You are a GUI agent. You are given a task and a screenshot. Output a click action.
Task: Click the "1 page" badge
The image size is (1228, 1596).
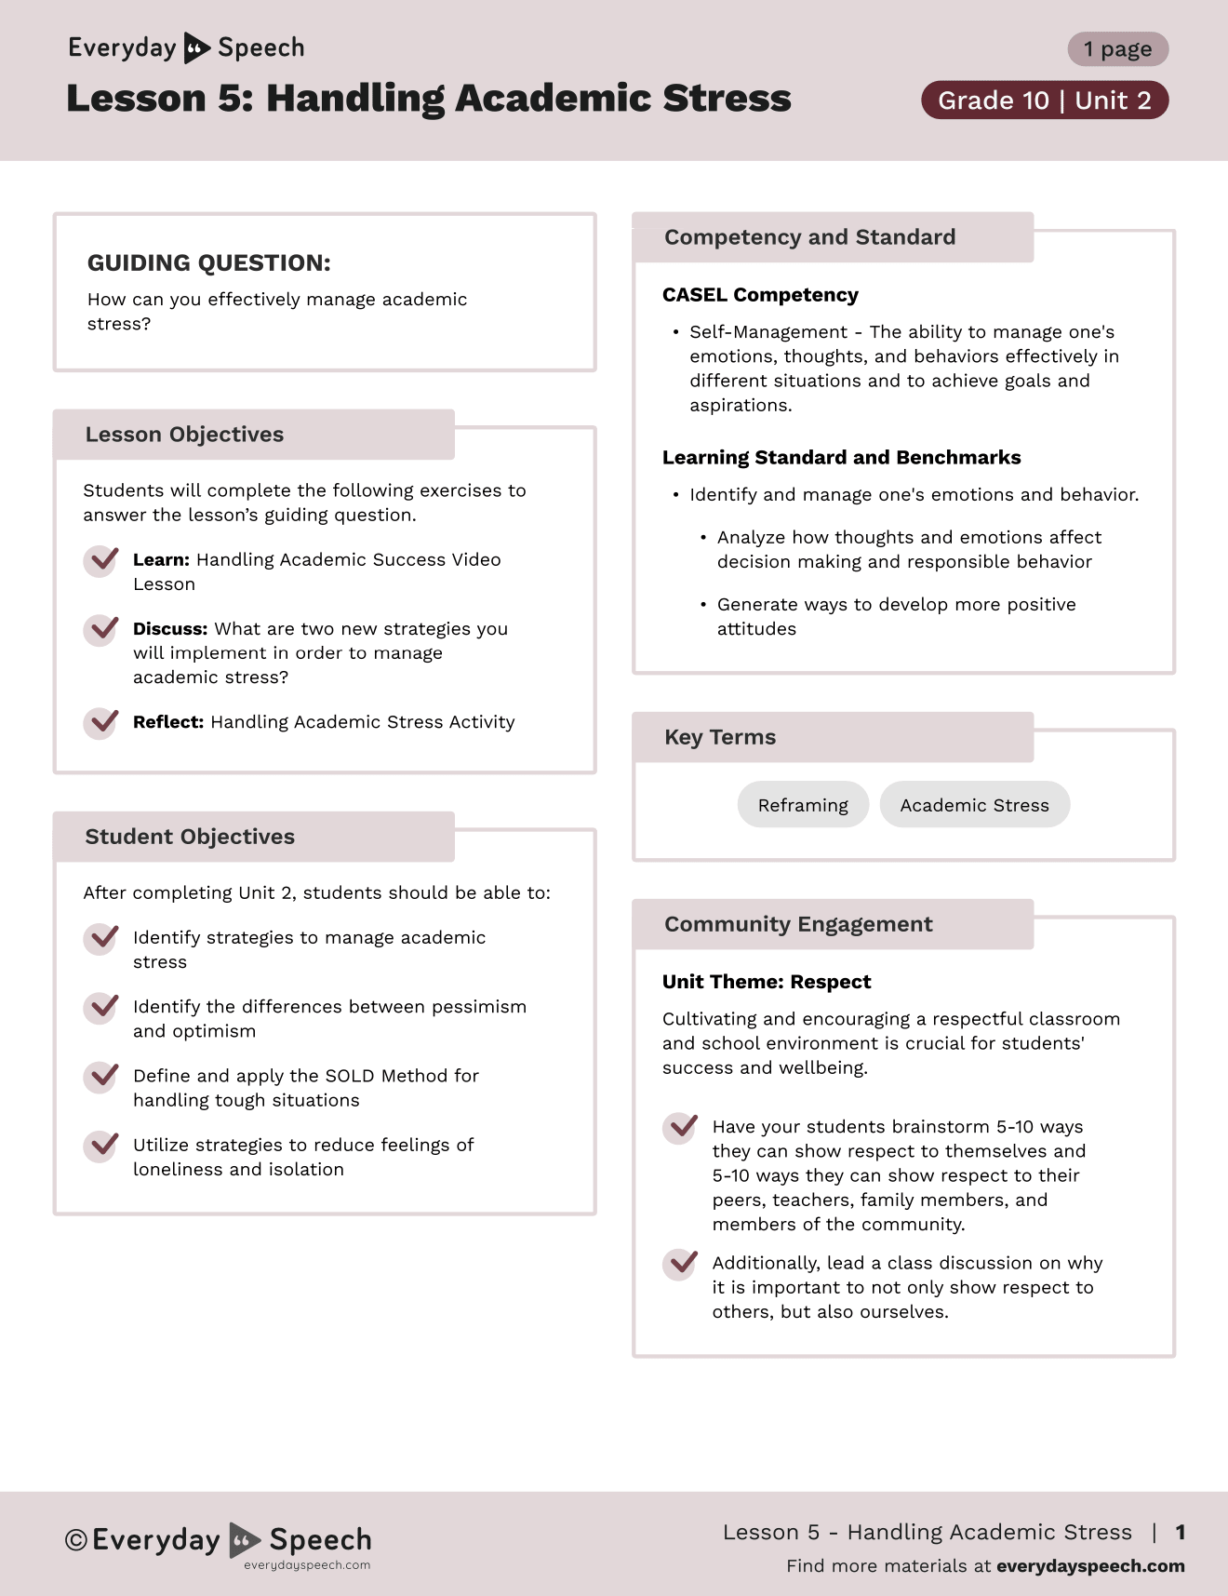(1117, 49)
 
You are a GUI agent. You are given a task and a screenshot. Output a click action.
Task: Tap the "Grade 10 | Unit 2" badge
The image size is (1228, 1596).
(1044, 101)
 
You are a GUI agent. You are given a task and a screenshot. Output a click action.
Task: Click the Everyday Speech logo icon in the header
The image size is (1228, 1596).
(196, 47)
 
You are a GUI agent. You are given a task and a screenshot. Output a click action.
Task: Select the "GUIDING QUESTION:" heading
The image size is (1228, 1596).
(208, 263)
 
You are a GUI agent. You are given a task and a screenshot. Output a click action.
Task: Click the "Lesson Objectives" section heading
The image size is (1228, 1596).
(184, 435)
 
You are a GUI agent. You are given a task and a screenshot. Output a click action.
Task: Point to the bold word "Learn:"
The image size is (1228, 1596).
(161, 560)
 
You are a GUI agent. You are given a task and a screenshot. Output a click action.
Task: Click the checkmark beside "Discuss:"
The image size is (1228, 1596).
(101, 630)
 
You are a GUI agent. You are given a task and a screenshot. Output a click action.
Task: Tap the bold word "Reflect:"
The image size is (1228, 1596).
(168, 722)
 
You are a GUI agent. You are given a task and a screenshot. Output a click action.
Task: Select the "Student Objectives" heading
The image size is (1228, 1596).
(190, 837)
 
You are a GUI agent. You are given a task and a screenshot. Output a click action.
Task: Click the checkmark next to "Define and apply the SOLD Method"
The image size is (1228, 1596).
(101, 1077)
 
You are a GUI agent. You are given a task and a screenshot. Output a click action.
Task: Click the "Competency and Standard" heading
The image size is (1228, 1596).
(809, 237)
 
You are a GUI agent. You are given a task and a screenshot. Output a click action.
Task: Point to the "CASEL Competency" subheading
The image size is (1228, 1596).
(760, 295)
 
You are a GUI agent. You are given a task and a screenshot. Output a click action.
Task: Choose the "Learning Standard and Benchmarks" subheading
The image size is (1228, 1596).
(841, 458)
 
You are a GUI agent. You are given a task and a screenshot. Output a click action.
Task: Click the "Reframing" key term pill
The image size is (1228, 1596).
(803, 805)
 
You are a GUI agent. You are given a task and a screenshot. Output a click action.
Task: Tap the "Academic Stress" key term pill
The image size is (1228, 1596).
(974, 805)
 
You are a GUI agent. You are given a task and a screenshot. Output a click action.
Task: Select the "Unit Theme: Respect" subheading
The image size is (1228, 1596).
(767, 982)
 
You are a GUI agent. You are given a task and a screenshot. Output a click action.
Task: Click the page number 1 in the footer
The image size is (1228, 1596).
(1181, 1532)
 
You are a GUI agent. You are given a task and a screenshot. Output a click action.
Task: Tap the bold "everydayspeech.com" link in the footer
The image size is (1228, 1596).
(1090, 1566)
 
